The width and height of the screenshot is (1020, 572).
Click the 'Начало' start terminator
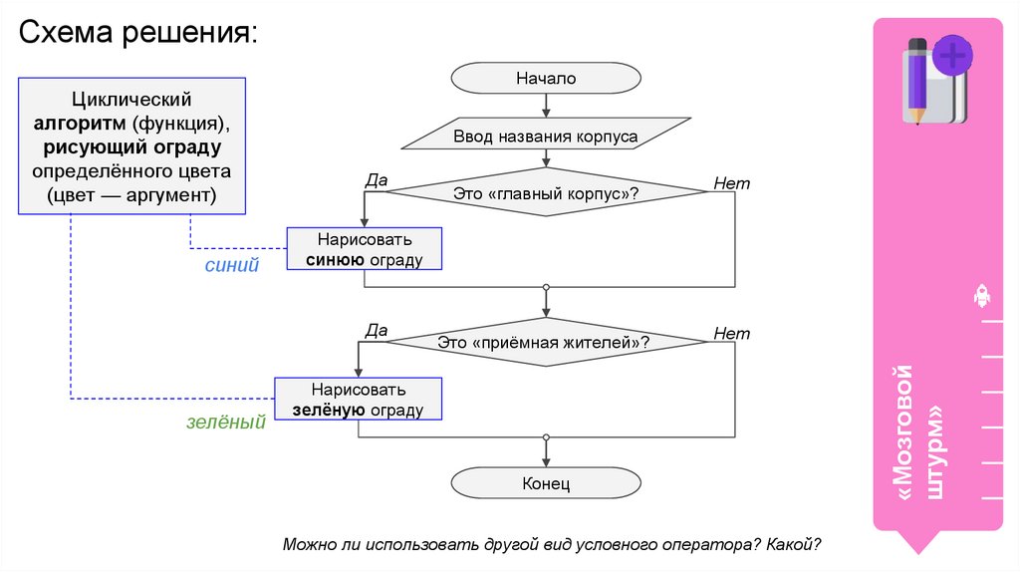[x=545, y=78]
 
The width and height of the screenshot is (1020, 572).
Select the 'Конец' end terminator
[x=545, y=483]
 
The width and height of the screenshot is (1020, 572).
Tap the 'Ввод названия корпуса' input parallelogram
[x=546, y=135]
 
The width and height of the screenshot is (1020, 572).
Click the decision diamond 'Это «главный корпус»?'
[x=546, y=191]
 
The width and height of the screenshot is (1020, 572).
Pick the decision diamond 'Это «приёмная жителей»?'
[x=545, y=342]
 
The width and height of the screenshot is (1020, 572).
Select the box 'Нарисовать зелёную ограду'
[x=358, y=400]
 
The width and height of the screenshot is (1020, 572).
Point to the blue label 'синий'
[x=231, y=266]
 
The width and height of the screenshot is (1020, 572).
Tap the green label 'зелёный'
[x=226, y=422]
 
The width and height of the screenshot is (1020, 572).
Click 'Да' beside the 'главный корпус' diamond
[x=376, y=180]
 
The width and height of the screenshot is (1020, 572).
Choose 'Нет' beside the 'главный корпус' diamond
[x=731, y=183]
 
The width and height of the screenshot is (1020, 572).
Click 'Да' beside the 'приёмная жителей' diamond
[x=376, y=330]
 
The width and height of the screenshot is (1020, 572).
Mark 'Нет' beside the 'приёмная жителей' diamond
[x=731, y=334]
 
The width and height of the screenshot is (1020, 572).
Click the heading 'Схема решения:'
[x=138, y=37]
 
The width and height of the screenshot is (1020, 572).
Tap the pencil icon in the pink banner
[x=916, y=80]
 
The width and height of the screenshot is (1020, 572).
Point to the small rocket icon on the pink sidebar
[x=980, y=295]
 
